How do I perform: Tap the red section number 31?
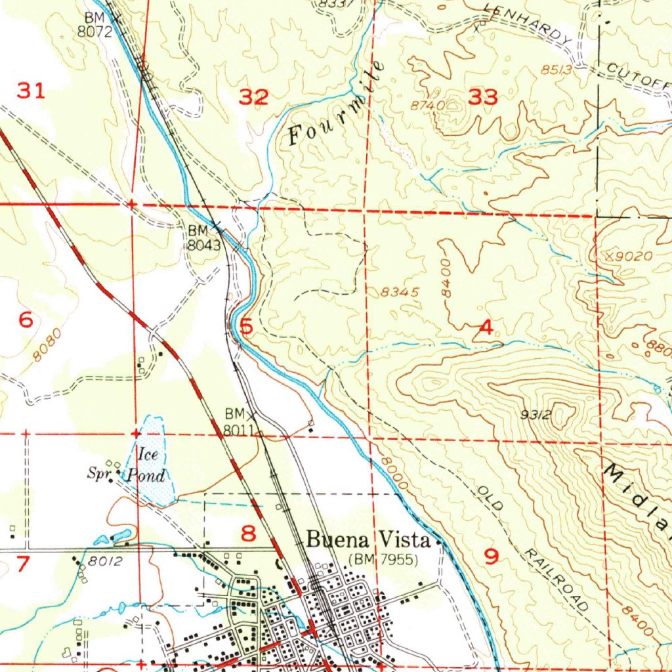click(31, 91)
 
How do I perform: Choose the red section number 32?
click(253, 98)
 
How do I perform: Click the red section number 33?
click(484, 98)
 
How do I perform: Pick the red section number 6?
click(26, 320)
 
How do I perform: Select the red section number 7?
click(22, 563)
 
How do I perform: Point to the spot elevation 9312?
click(535, 414)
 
